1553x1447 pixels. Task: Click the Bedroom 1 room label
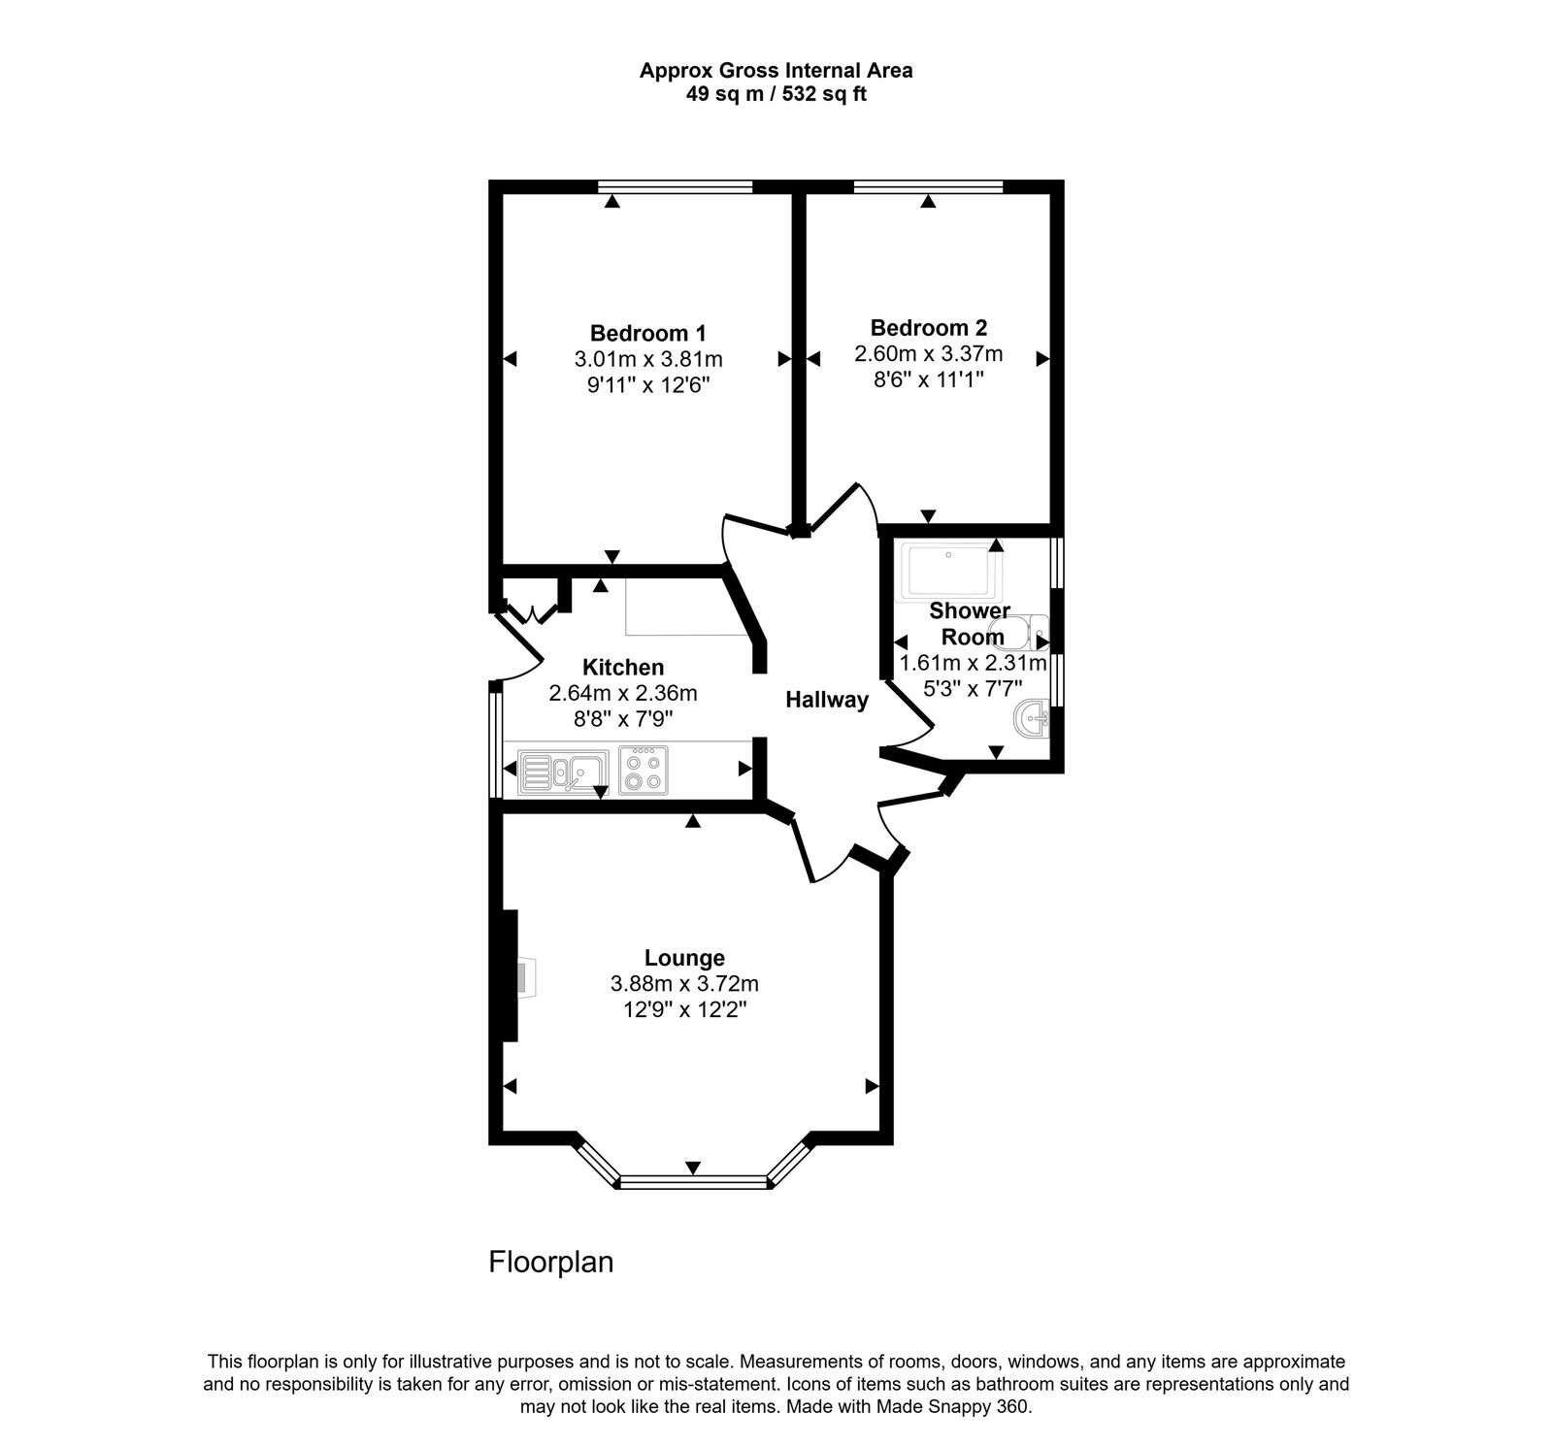647,332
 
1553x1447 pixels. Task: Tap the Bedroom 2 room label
928,327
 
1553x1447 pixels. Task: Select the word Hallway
826,700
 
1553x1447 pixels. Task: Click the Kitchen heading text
622,668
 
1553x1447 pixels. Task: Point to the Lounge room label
684,958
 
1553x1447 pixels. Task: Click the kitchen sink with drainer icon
562,772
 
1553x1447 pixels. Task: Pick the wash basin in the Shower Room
1031,720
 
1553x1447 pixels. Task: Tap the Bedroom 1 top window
676,186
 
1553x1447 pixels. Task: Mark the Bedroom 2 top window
928,186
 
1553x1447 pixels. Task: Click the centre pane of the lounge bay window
693,1182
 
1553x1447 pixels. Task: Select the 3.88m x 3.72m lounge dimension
684,984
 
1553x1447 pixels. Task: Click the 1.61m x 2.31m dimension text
973,664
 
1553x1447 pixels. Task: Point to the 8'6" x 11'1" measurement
928,380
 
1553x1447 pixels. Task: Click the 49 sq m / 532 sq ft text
776,95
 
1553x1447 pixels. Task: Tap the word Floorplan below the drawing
550,1263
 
